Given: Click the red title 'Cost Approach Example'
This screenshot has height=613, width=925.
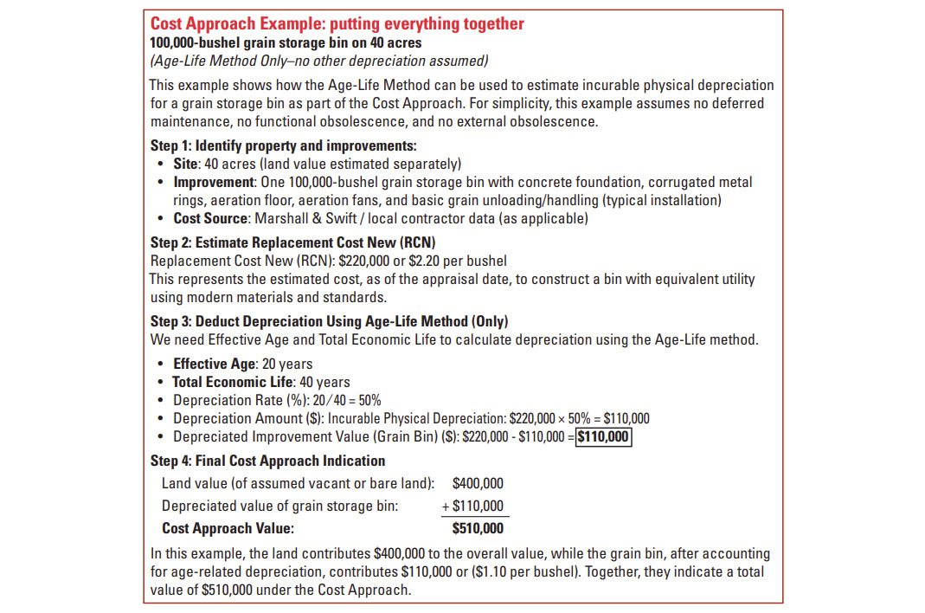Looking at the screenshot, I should coord(337,24).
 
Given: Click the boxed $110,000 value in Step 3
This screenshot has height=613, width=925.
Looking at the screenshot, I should coord(604,436).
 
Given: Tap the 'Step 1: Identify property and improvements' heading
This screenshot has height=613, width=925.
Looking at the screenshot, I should coord(283,145).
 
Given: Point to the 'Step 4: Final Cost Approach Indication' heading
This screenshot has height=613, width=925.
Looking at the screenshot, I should coord(267,461).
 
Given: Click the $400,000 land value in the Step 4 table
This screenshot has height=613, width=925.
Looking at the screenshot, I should coord(478,483).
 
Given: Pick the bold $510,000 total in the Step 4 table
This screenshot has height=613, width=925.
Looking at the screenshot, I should coord(478,528).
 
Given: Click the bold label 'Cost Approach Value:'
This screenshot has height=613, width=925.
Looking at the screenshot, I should coord(228,528).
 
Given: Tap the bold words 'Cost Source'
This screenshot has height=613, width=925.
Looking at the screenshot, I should coord(210,218).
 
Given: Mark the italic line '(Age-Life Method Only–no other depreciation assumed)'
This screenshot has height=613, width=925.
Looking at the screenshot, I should coord(319,60).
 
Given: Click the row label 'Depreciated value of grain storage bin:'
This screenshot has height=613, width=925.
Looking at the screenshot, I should coord(280,506).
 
